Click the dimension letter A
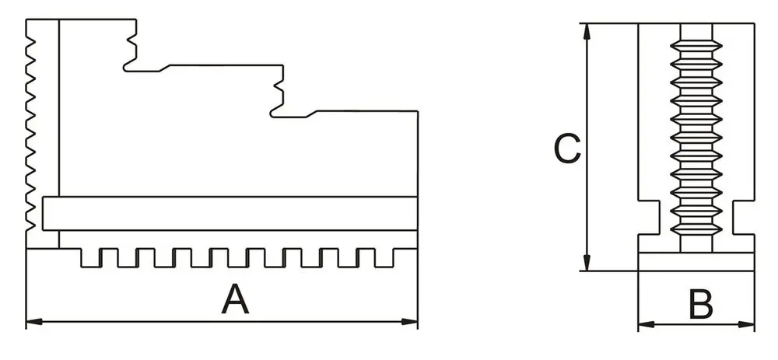click(x=236, y=300)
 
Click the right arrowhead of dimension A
click(x=412, y=320)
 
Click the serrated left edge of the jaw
click(x=31, y=124)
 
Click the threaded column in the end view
click(x=696, y=132)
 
